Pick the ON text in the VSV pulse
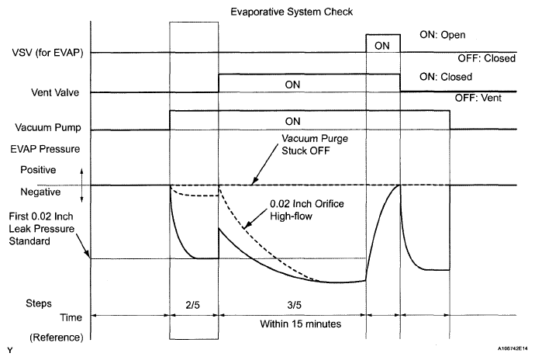click(x=382, y=46)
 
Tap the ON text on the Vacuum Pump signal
click(x=293, y=121)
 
